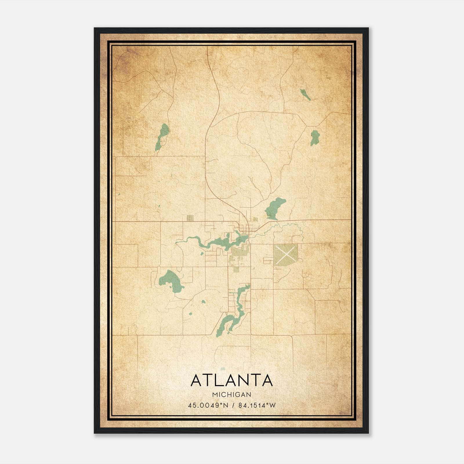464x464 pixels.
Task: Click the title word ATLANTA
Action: pyautogui.click(x=232, y=380)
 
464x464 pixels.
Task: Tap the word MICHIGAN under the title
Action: pyautogui.click(x=232, y=394)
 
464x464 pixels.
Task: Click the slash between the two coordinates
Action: pyautogui.click(x=233, y=405)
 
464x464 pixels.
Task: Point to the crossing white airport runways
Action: pyautogui.click(x=285, y=253)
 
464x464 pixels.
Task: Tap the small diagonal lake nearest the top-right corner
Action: pyautogui.click(x=305, y=95)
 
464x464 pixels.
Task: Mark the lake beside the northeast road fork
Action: pyautogui.click(x=314, y=137)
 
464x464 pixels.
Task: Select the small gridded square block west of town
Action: pyautogui.click(x=190, y=218)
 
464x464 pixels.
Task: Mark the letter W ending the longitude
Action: pyautogui.click(x=272, y=405)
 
